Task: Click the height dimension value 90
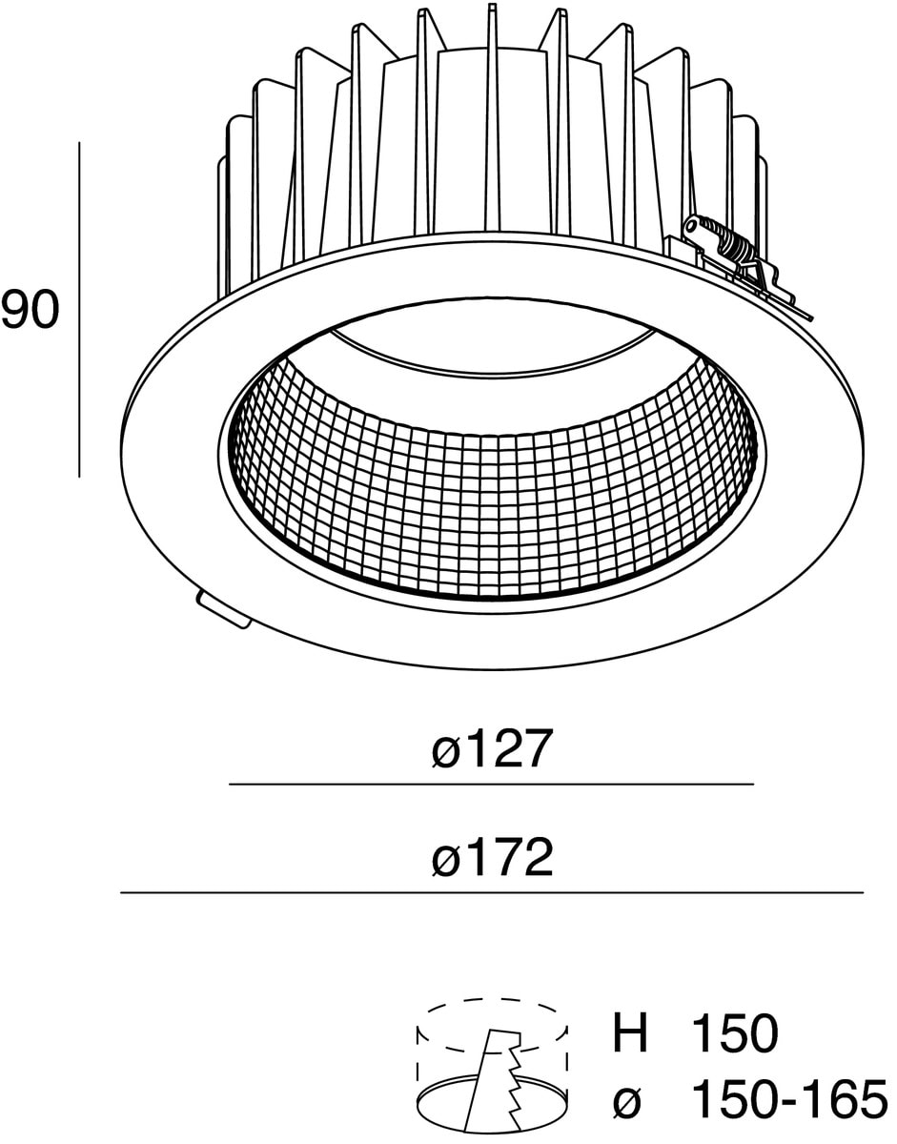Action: click(30, 312)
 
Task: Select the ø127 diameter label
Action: click(491, 750)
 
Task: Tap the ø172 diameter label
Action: click(491, 859)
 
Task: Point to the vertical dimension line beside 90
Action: click(79, 310)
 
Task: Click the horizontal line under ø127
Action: click(491, 785)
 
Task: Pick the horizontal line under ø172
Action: click(491, 893)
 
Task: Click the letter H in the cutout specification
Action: click(629, 1033)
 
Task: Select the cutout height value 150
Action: click(734, 1033)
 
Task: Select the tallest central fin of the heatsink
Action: click(492, 114)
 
